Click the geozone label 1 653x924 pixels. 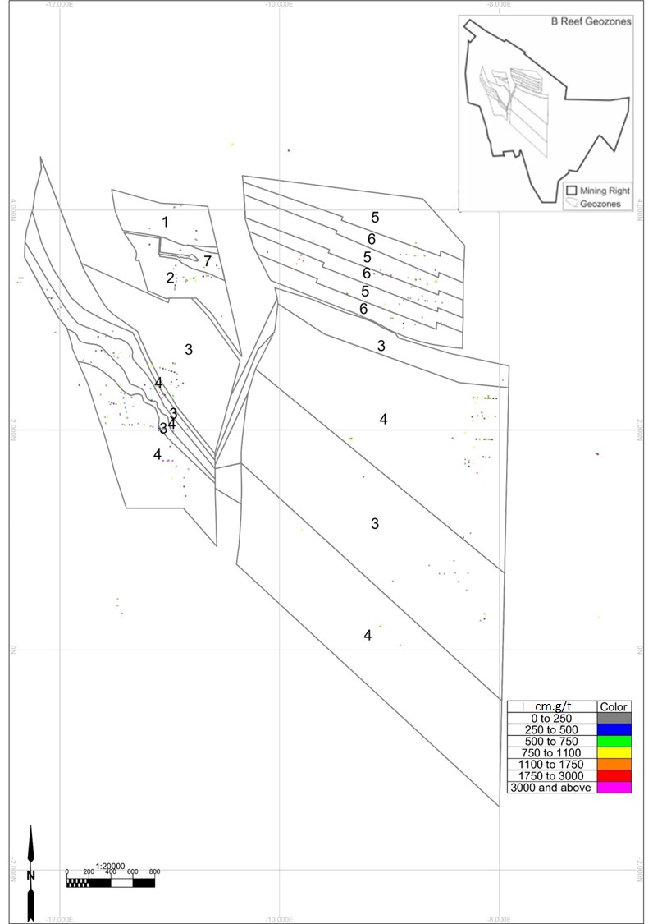point(165,222)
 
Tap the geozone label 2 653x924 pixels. point(170,278)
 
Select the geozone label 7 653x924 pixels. point(208,261)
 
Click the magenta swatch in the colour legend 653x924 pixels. point(614,788)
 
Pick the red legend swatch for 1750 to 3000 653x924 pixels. point(614,776)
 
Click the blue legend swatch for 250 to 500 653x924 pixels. point(614,729)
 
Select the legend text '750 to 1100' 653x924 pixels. point(551,753)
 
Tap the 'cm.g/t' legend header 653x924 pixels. point(551,706)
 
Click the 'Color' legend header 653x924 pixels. point(614,706)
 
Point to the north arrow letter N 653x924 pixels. point(30,875)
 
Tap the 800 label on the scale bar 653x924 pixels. point(154,872)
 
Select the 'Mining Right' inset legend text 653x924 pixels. point(605,191)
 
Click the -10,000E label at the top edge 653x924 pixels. point(280,4)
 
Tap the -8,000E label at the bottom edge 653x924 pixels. point(499,919)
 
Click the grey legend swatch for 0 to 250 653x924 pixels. point(614,718)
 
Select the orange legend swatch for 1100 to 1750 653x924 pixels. point(614,765)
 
